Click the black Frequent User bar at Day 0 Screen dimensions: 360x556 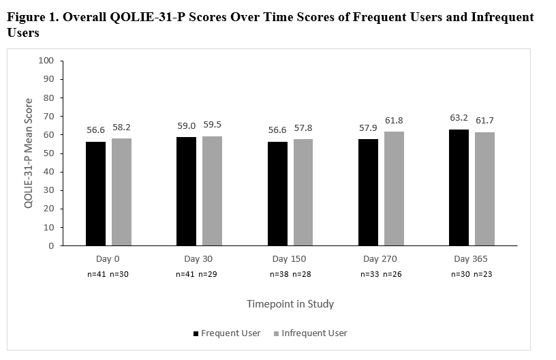(95, 194)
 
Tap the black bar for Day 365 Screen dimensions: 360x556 (459, 187)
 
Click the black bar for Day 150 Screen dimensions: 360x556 (277, 194)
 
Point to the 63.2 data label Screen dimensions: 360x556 (459, 118)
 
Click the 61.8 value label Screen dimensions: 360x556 (394, 121)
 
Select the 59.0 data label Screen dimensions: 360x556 (186, 126)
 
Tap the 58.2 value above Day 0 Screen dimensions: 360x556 (121, 127)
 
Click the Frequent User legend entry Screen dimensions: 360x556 (228, 333)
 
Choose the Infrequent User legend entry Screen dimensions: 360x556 (309, 333)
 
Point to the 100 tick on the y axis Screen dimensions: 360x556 (46, 60)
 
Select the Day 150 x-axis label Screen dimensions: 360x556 (289, 259)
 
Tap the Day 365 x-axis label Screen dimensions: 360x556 (470, 259)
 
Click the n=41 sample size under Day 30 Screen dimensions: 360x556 (185, 274)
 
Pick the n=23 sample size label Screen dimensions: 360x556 (484, 274)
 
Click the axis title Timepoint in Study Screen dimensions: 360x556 (290, 304)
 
